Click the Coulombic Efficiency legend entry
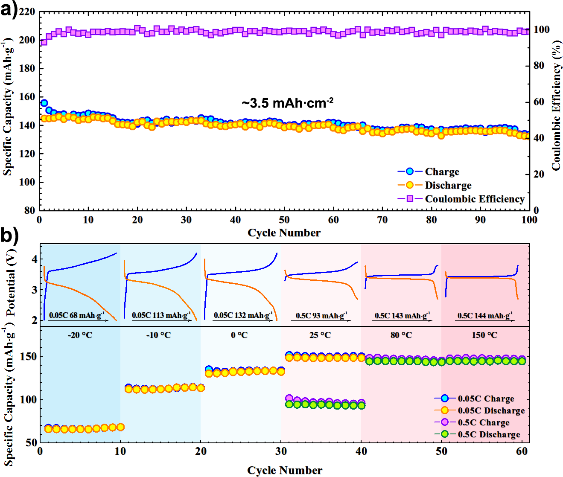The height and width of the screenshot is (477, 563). (474, 199)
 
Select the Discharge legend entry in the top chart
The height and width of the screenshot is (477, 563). (448, 185)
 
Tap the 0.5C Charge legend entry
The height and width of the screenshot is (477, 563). (484, 422)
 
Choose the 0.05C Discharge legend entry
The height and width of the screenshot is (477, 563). (491, 410)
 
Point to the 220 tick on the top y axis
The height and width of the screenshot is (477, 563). (27, 12)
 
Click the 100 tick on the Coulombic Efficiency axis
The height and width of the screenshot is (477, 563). (541, 29)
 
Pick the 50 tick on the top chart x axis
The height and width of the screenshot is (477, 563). (284, 220)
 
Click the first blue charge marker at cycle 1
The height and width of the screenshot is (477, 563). (44, 103)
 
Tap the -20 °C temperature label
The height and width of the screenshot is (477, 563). (80, 335)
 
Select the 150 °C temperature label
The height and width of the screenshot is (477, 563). (484, 335)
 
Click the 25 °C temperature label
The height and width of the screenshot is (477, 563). (320, 335)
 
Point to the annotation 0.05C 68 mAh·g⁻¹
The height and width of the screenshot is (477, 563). (76, 316)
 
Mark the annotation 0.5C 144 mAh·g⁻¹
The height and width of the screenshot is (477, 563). (485, 316)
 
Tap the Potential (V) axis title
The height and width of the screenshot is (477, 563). (12, 283)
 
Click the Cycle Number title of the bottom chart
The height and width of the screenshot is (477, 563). (285, 470)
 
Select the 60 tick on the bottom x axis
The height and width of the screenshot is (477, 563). (521, 451)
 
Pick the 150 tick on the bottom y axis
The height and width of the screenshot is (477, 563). (31, 356)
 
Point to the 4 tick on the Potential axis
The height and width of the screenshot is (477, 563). (34, 259)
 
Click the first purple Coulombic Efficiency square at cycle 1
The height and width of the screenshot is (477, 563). (44, 42)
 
